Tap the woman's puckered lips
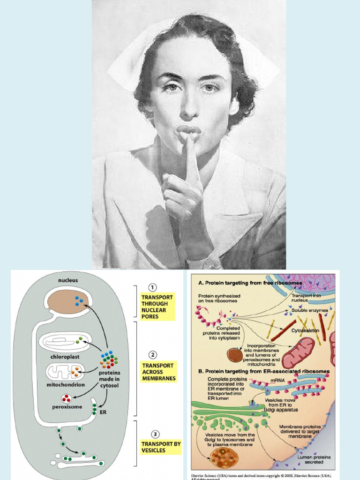pos(188,130)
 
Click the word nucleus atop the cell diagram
pos(68,280)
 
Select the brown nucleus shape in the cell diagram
pos(68,300)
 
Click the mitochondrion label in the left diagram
pos(66,384)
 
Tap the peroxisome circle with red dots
pos(67,399)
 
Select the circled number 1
pos(152,287)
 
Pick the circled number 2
pos(152,355)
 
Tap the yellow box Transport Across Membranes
pos(158,372)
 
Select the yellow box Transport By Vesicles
pos(160,447)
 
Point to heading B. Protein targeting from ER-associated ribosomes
pos(264,371)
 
